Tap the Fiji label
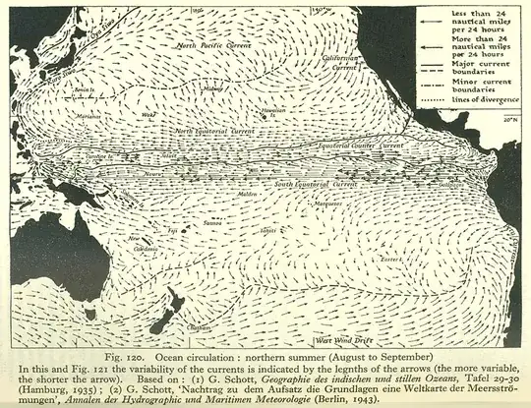pyautogui.click(x=173, y=230)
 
